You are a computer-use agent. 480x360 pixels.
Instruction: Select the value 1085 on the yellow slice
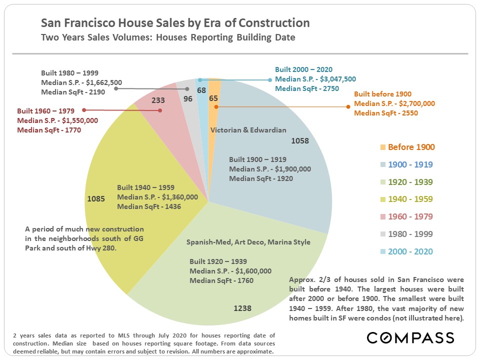[x=96, y=198]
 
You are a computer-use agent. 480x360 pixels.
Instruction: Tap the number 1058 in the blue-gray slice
[x=299, y=140]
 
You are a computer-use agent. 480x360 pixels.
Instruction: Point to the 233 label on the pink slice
[x=158, y=100]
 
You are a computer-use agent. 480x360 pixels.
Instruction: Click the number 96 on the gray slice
[x=188, y=98]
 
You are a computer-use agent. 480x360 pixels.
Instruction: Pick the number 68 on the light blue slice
[x=201, y=90]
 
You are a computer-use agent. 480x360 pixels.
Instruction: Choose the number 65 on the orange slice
[x=213, y=98]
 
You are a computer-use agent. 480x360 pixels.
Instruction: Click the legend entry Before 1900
[x=411, y=147]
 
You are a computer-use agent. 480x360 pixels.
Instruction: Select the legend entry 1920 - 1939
[x=411, y=182]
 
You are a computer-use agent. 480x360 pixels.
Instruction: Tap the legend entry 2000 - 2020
[x=411, y=251]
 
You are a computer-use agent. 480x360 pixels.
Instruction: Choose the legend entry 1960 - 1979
[x=411, y=216]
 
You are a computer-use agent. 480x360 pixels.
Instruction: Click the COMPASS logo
[x=410, y=337]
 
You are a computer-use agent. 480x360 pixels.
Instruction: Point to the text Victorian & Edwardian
[x=248, y=130]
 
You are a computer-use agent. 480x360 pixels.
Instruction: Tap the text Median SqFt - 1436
[x=149, y=206]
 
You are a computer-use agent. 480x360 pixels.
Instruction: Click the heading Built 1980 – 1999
[x=70, y=73]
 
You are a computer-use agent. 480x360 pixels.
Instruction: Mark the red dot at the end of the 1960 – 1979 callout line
[x=84, y=109]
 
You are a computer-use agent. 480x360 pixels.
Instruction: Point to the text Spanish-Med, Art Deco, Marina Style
[x=248, y=242]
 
